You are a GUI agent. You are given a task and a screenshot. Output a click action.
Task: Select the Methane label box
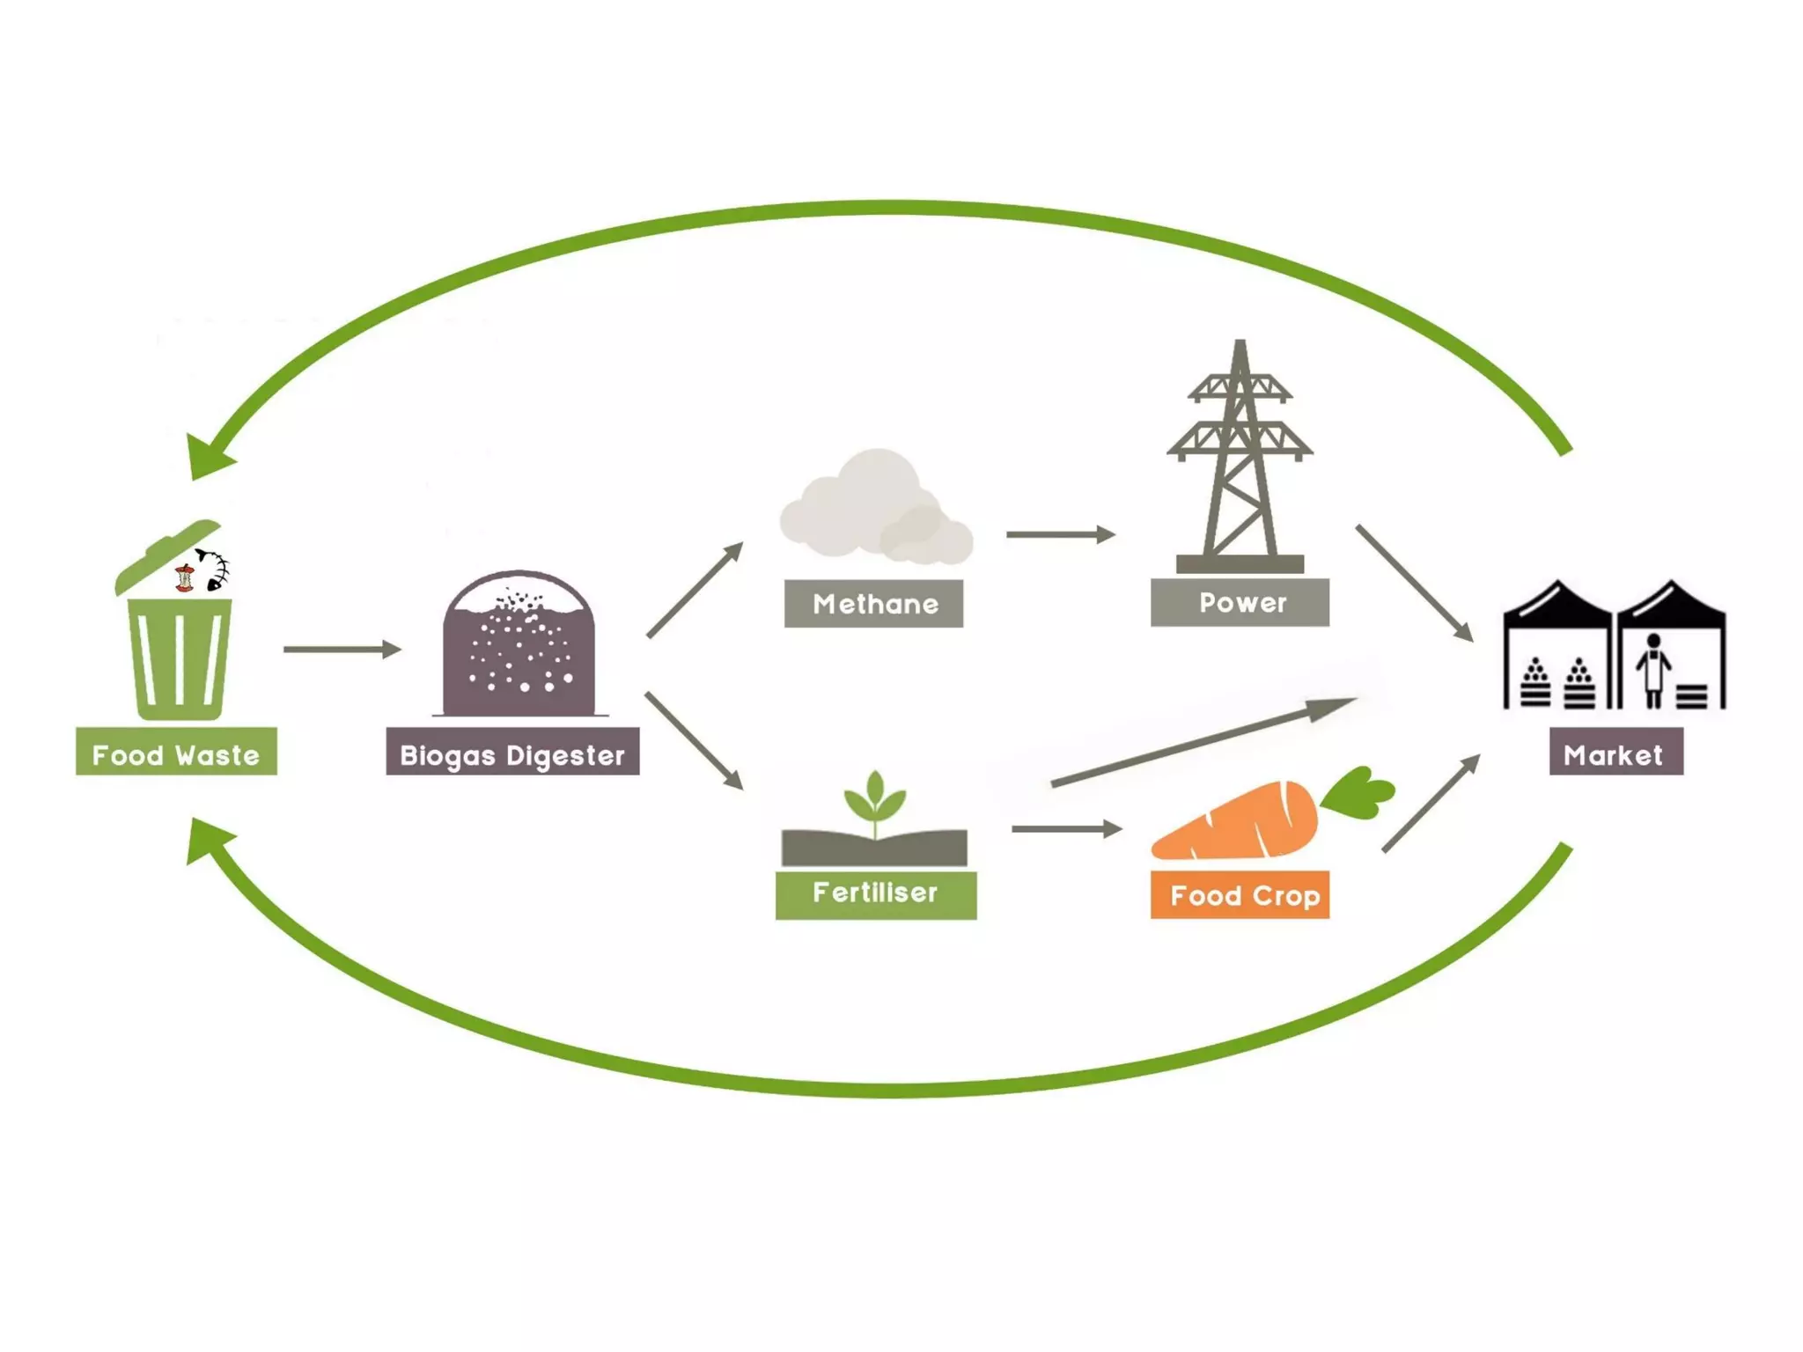pyautogui.click(x=873, y=603)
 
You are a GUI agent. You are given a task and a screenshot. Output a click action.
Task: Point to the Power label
pyautogui.click(x=1240, y=602)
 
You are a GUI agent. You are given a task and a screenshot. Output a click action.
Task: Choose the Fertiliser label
pyautogui.click(x=875, y=894)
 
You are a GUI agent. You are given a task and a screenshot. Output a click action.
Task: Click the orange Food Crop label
pyautogui.click(x=1240, y=895)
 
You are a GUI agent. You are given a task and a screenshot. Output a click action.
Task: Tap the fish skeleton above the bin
pyautogui.click(x=213, y=569)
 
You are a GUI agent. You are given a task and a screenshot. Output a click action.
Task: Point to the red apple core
pyautogui.click(x=184, y=578)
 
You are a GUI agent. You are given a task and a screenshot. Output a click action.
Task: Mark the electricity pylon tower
pyautogui.click(x=1240, y=458)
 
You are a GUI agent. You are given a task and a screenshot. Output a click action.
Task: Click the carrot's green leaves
pyautogui.click(x=1358, y=791)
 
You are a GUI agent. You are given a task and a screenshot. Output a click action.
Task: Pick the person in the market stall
pyautogui.click(x=1653, y=669)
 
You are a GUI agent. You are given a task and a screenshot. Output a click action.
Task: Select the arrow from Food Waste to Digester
pyautogui.click(x=342, y=650)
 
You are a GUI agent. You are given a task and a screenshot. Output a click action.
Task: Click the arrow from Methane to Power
pyautogui.click(x=1060, y=534)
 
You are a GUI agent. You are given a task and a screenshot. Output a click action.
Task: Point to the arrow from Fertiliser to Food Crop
pyautogui.click(x=1065, y=828)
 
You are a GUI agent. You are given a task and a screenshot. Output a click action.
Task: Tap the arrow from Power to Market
pyautogui.click(x=1413, y=582)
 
